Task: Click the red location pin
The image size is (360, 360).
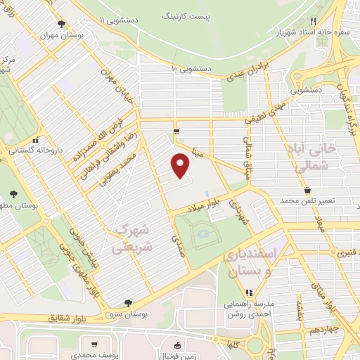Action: [x=181, y=167]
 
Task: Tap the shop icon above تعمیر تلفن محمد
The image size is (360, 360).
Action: [x=307, y=189]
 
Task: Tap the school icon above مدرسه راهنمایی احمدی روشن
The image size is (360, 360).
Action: [x=247, y=292]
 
